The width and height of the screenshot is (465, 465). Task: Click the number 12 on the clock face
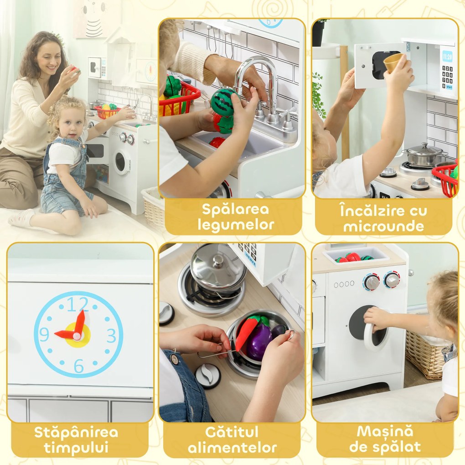[77, 305]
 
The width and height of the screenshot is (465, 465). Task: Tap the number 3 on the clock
[111, 336]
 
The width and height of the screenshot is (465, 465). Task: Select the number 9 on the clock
[44, 334]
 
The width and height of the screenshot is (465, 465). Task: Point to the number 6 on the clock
[78, 366]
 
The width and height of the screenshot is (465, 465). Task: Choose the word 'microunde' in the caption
[383, 226]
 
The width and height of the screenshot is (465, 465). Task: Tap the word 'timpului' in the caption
[76, 448]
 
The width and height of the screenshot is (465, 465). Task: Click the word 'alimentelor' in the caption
[232, 448]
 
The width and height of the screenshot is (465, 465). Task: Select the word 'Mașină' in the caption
[385, 431]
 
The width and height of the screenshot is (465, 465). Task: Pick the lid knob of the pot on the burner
[218, 261]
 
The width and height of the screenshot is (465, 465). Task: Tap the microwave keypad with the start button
[447, 73]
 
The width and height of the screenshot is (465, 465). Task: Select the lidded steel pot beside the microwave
[424, 155]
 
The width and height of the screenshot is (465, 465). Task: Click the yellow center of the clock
[78, 336]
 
